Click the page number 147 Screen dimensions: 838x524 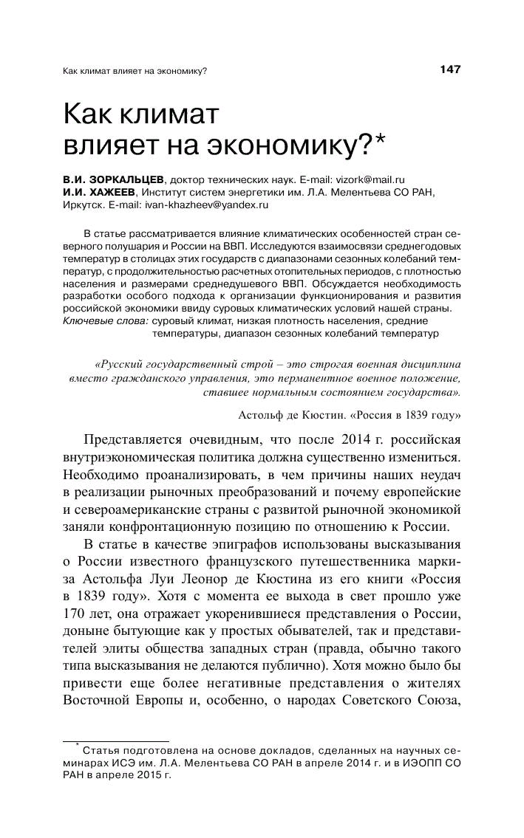coord(449,69)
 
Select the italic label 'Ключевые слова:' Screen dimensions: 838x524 coord(105,321)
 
